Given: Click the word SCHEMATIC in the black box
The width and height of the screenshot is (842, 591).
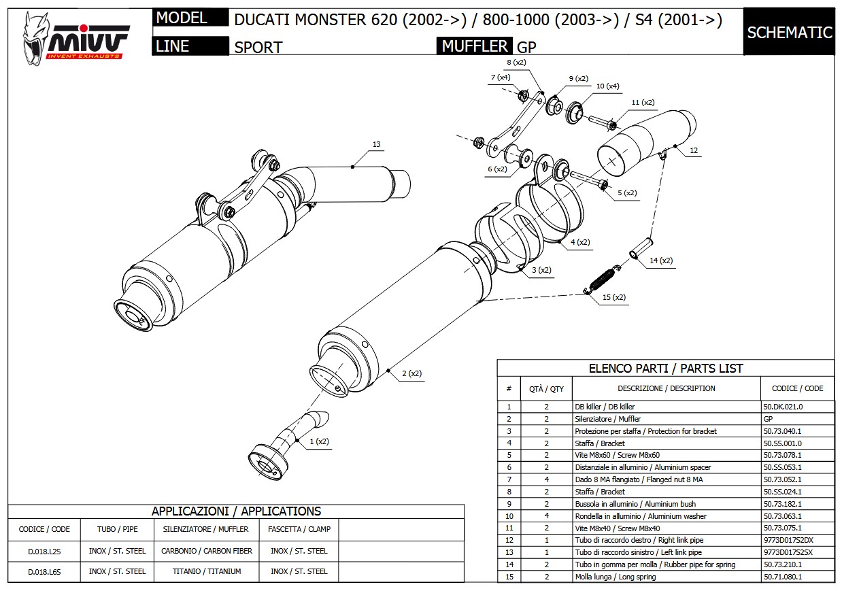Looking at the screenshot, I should click(789, 32).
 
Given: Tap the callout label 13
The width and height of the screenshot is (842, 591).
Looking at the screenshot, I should click(376, 144).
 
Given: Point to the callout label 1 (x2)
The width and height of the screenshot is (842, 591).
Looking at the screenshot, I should click(319, 441).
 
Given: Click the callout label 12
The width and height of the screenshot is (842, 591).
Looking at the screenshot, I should click(693, 151).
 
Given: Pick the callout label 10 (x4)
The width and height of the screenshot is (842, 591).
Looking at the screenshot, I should click(607, 86).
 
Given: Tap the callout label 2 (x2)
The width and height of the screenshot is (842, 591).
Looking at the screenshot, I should click(411, 373).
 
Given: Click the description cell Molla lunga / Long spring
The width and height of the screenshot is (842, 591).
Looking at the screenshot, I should click(615, 577).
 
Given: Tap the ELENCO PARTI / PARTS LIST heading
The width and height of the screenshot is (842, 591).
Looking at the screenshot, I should click(665, 368).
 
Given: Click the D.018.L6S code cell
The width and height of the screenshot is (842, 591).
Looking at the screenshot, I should click(44, 571).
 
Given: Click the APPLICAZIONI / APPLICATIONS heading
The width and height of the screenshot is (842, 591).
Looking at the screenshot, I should click(236, 511).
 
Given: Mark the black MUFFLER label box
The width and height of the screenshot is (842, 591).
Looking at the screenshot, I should click(475, 46).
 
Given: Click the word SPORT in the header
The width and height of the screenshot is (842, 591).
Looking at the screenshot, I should click(258, 47).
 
